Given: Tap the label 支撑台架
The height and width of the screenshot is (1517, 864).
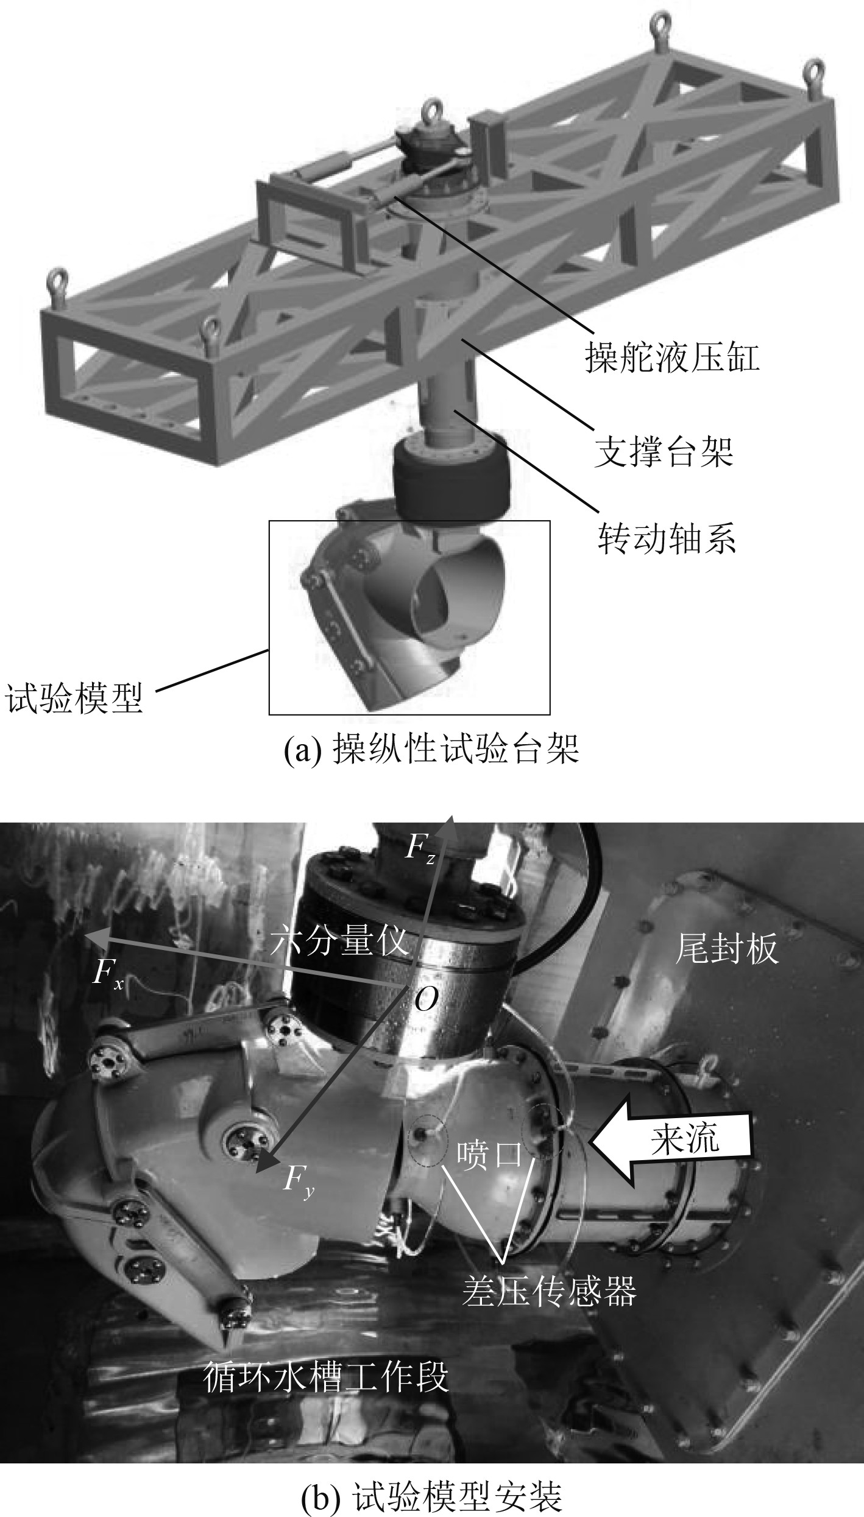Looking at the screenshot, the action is tap(664, 451).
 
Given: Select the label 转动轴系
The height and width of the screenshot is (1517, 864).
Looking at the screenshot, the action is tap(667, 538).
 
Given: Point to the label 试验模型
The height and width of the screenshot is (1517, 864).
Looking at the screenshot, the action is tap(74, 697).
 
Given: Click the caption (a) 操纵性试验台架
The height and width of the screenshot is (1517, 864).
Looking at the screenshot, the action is tap(431, 749).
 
